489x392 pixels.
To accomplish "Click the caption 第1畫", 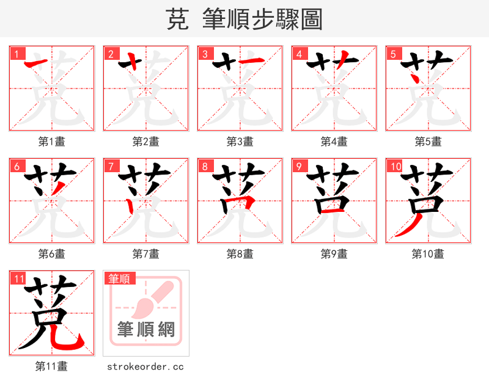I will [51, 142].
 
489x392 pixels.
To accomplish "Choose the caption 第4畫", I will [334, 142].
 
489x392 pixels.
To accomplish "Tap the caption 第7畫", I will [145, 254].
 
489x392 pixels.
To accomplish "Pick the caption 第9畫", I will [334, 254].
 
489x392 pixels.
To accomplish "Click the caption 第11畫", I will [51, 366].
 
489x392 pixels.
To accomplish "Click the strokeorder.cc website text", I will [145, 366].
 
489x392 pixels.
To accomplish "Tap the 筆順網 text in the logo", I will [146, 330].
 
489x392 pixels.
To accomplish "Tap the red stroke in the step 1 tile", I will [37, 62].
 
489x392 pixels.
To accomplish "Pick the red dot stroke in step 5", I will [414, 79].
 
